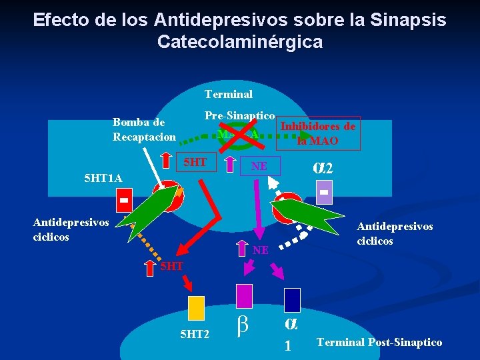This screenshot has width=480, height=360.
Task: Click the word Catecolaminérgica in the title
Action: coord(240,42)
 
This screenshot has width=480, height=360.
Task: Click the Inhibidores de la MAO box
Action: coord(318,133)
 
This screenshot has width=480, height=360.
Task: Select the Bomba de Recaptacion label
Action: coord(144,129)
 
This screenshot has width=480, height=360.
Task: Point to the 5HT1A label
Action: coord(103,178)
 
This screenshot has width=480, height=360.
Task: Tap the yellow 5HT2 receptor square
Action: coord(196,308)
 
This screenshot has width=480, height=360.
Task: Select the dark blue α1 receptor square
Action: coord(292,299)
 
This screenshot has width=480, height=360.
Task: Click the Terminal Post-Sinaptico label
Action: coord(379,342)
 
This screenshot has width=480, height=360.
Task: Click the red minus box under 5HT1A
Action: coord(124,198)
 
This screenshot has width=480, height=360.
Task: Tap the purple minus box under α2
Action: coord(324,192)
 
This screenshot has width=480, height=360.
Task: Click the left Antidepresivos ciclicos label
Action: coord(71,228)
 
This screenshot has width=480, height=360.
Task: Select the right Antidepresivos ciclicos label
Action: coord(395,233)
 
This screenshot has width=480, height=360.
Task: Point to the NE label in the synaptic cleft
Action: coord(260,250)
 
